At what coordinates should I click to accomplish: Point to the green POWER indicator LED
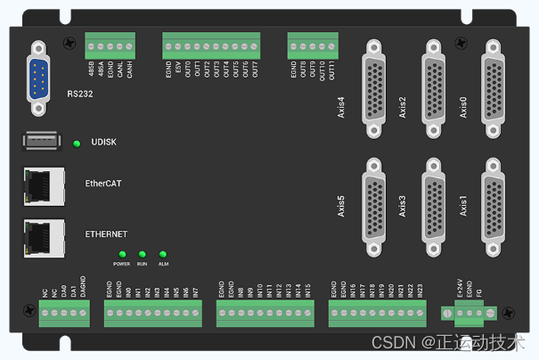(122, 254)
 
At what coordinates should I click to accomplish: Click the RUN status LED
(143, 254)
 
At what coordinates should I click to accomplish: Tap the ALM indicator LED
(163, 254)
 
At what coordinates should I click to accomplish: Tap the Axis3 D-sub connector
(433, 200)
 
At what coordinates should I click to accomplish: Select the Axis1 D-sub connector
(494, 200)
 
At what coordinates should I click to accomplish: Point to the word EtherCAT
(103, 184)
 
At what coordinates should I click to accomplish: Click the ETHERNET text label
(106, 233)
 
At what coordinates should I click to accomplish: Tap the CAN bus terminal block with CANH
(110, 44)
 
